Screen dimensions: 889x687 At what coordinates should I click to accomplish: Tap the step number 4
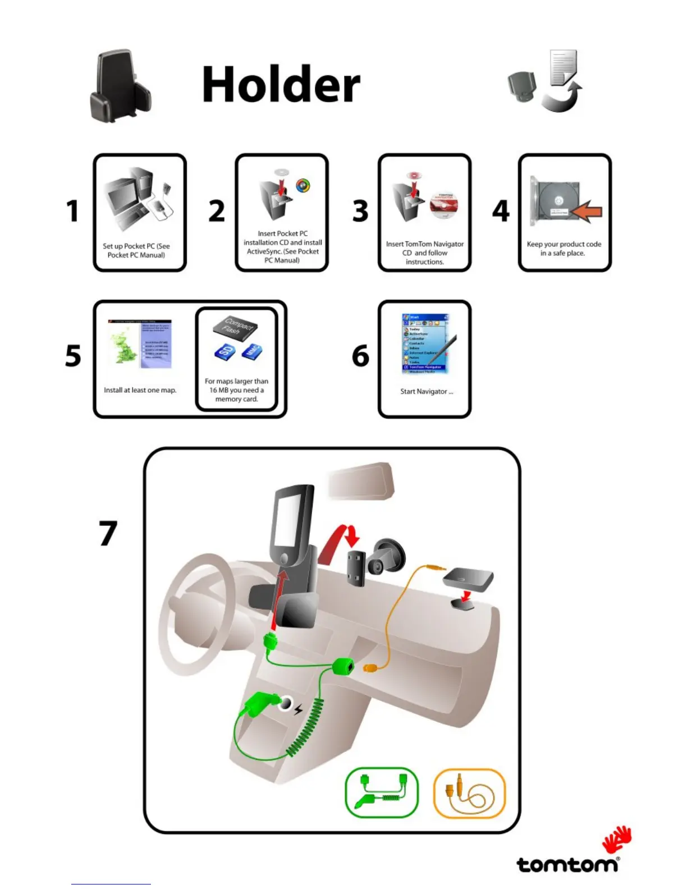tap(501, 211)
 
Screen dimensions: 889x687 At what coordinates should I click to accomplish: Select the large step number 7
tap(108, 533)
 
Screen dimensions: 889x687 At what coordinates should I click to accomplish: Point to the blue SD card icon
tap(224, 351)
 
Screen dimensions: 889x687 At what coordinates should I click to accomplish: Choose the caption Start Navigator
tap(427, 392)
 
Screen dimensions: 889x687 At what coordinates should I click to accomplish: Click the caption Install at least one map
tap(140, 390)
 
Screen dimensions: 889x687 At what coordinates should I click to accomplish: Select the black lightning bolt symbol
tap(298, 710)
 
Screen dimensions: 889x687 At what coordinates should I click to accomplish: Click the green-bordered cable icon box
tap(382, 792)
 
